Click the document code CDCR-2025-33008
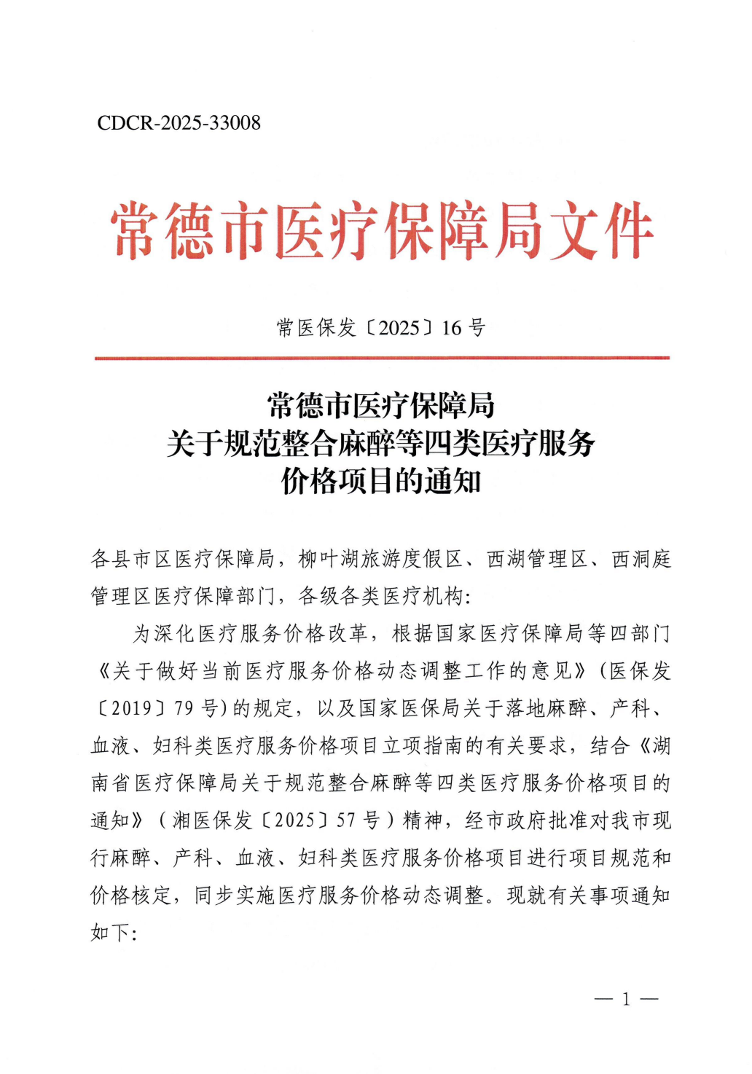[179, 122]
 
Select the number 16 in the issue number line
[451, 328]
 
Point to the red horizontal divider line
[381, 358]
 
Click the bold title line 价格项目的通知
[381, 481]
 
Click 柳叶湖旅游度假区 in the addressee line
[380, 559]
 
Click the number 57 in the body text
[345, 820]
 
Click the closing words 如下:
[114, 933]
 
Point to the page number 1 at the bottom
[625, 999]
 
